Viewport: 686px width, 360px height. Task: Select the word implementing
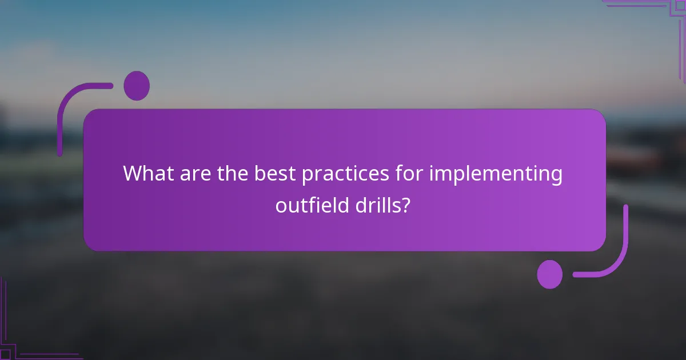point(496,174)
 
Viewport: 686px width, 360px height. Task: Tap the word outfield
point(308,205)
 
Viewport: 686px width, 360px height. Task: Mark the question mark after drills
point(405,205)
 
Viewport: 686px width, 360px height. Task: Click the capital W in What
point(133,174)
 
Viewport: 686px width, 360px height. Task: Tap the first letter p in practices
point(307,176)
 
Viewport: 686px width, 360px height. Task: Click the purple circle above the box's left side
point(137,86)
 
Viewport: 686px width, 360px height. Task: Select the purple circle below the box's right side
point(549,274)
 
